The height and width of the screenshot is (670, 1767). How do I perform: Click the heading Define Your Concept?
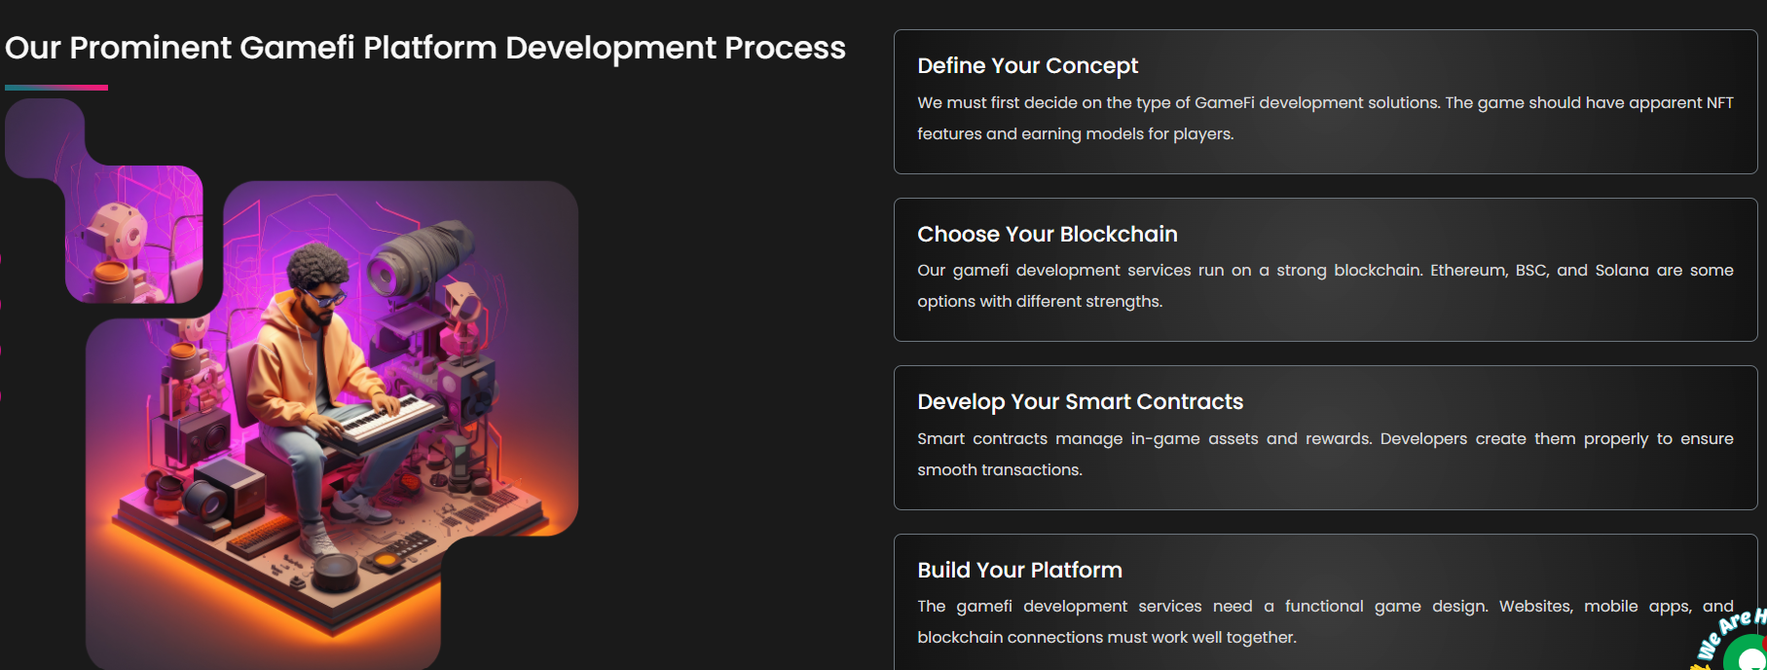(x=1027, y=66)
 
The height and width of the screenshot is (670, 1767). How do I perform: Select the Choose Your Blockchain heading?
(x=1047, y=235)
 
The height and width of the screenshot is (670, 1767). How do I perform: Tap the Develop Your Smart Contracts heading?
(x=1080, y=402)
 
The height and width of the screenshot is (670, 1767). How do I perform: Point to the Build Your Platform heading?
(x=1019, y=571)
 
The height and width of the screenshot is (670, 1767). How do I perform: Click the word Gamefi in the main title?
(x=296, y=48)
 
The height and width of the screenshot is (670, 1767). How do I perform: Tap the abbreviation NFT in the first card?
(x=1719, y=103)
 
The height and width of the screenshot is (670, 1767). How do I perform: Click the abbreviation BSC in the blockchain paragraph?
(x=1531, y=271)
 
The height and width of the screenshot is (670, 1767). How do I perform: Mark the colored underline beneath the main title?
(x=56, y=88)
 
